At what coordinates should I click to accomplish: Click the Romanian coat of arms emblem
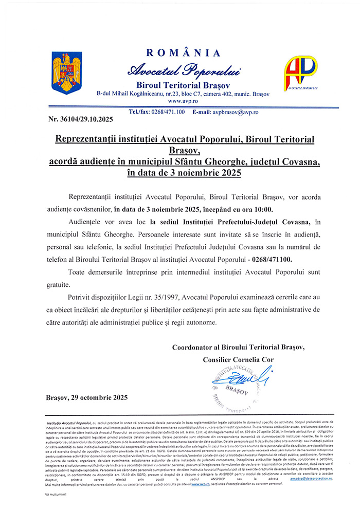(63, 72)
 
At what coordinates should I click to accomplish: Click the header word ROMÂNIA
(184, 53)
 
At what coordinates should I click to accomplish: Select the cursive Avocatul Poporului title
(184, 69)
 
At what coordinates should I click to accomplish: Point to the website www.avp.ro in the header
(183, 101)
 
